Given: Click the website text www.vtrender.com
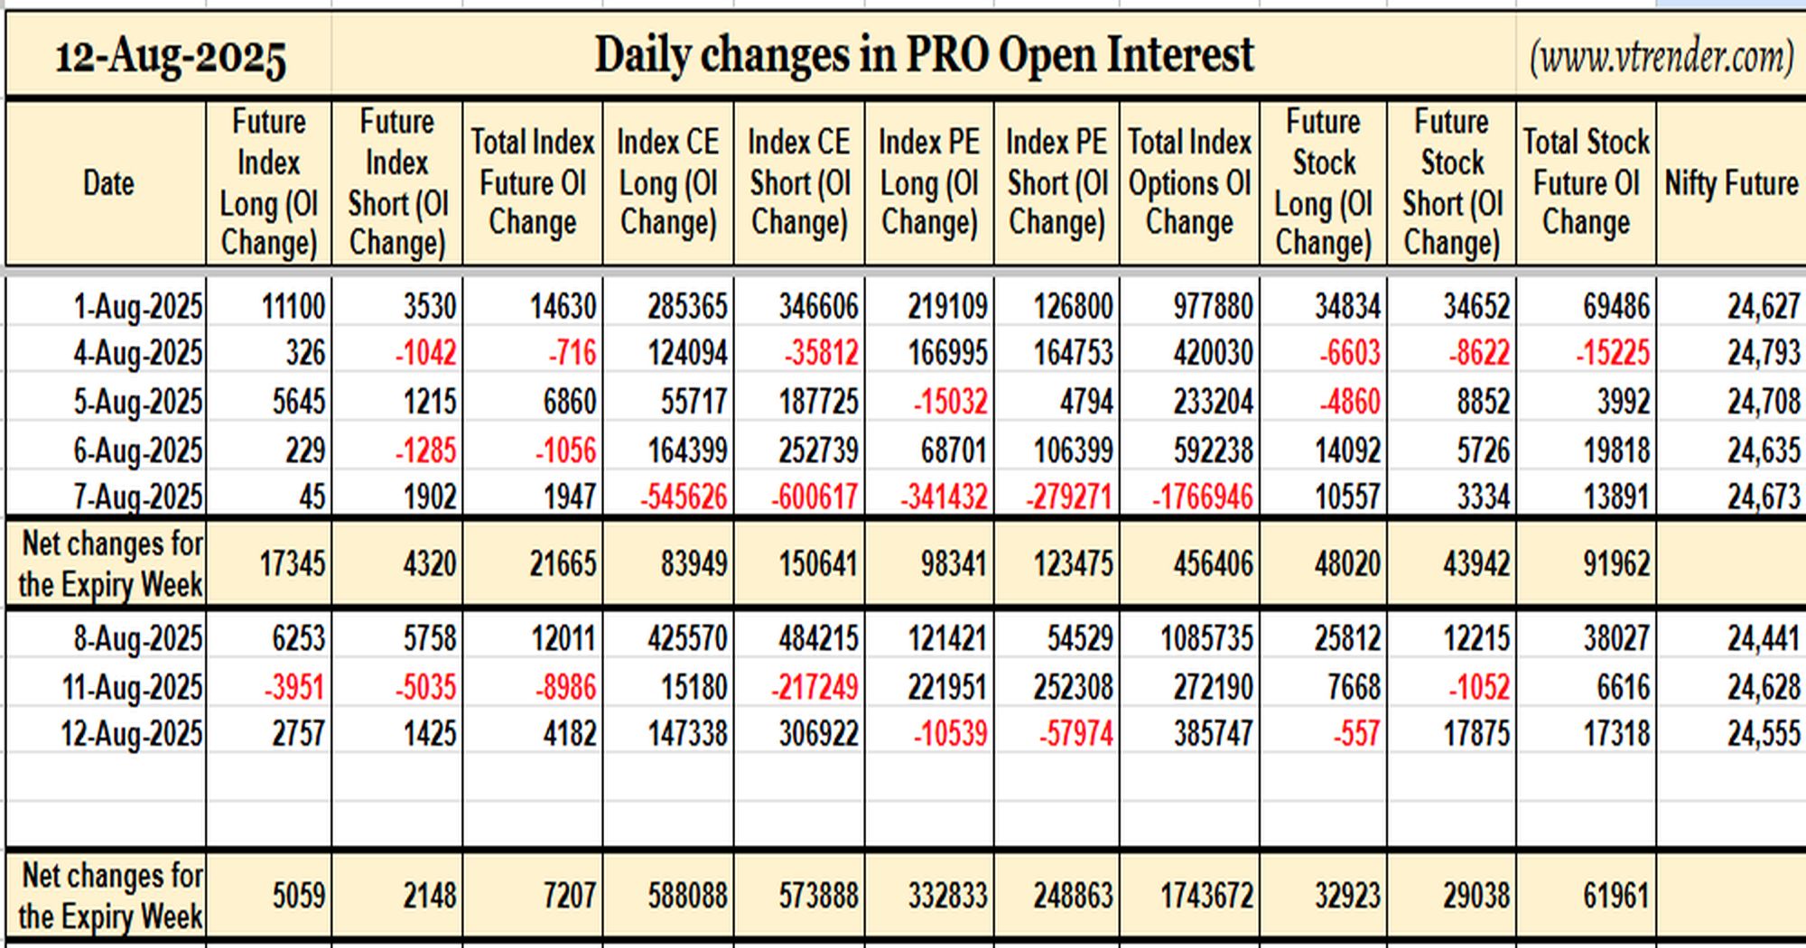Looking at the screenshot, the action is click(x=1662, y=58).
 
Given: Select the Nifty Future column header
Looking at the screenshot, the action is click(x=1731, y=183).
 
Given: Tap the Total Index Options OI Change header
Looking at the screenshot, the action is click(x=1189, y=182).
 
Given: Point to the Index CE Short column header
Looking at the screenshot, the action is click(x=799, y=182).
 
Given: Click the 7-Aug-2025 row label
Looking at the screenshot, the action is click(x=138, y=497).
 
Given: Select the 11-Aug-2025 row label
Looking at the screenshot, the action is click(x=132, y=688).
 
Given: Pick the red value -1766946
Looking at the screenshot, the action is click(x=1202, y=497).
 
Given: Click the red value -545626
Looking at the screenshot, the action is click(x=684, y=497).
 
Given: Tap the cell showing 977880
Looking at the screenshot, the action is click(x=1213, y=307).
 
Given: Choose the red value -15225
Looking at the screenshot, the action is click(x=1613, y=353).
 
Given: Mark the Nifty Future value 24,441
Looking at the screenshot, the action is click(x=1764, y=639).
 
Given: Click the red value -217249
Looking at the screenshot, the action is click(x=815, y=688).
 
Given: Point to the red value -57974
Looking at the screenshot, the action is click(x=1075, y=734).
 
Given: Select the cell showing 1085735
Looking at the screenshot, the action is click(x=1206, y=639).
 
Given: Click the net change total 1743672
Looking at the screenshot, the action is click(x=1206, y=896).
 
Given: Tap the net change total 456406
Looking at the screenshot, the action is click(x=1213, y=564).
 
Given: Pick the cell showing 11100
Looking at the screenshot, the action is click(x=293, y=307).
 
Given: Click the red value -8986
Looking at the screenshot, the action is click(x=565, y=688).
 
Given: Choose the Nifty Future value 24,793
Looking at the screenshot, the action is click(x=1764, y=353).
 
